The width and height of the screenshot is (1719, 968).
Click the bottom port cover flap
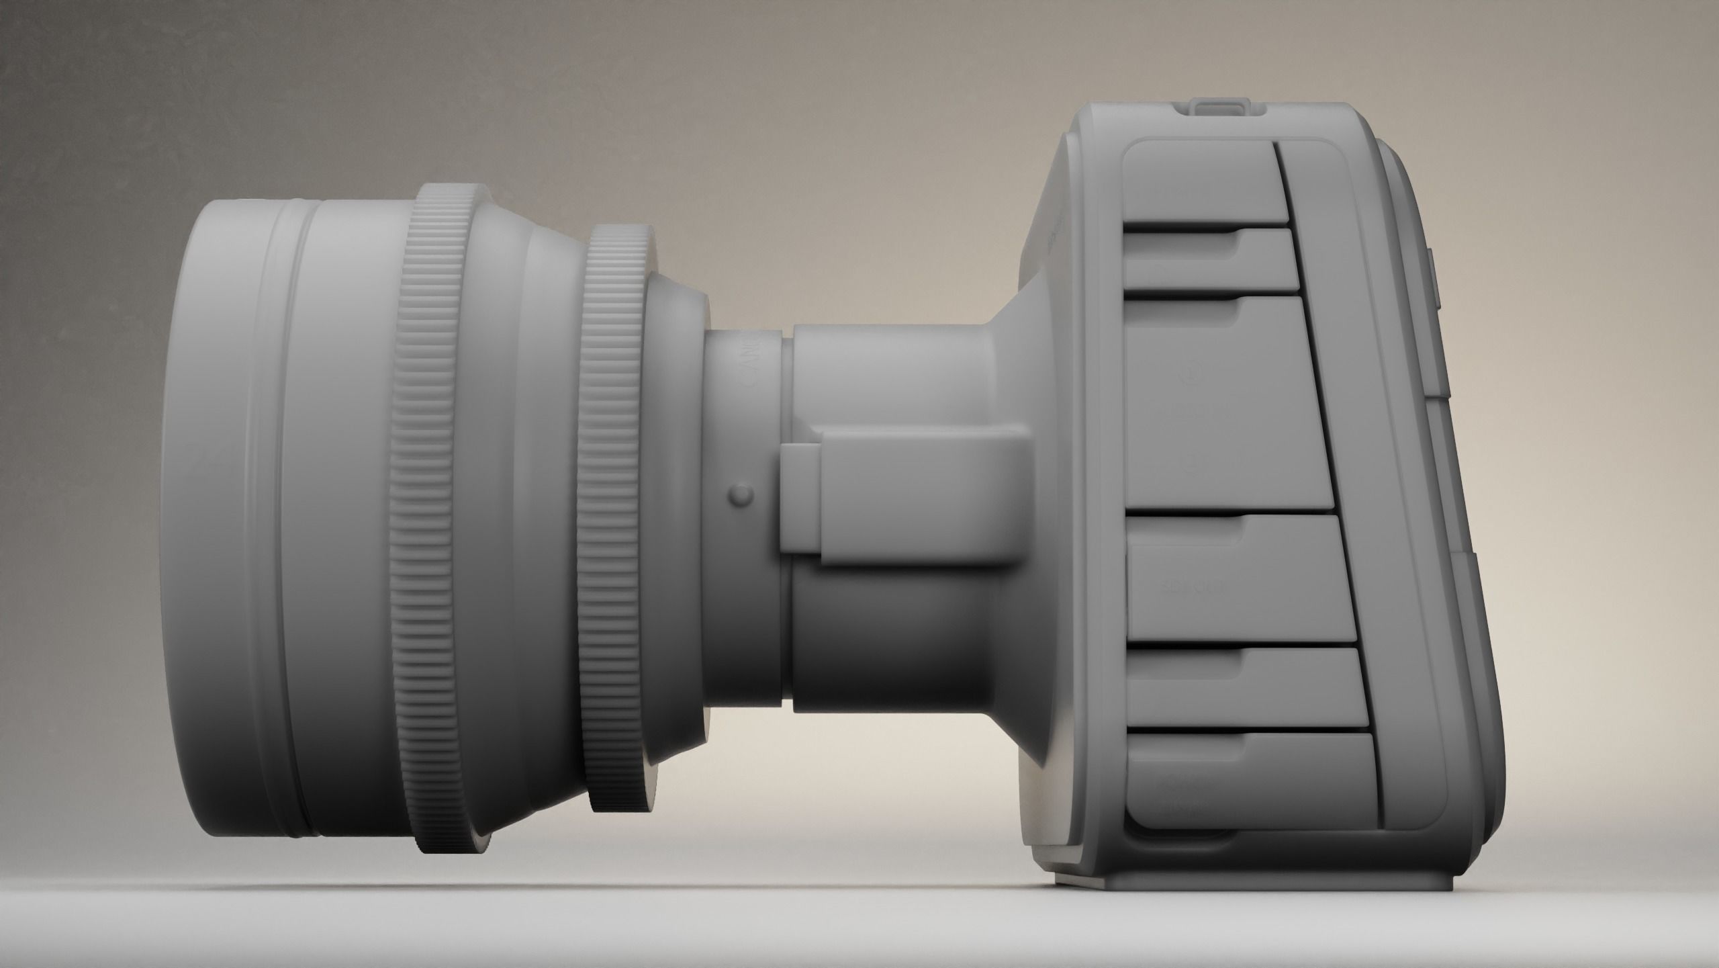pyautogui.click(x=1249, y=773)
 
